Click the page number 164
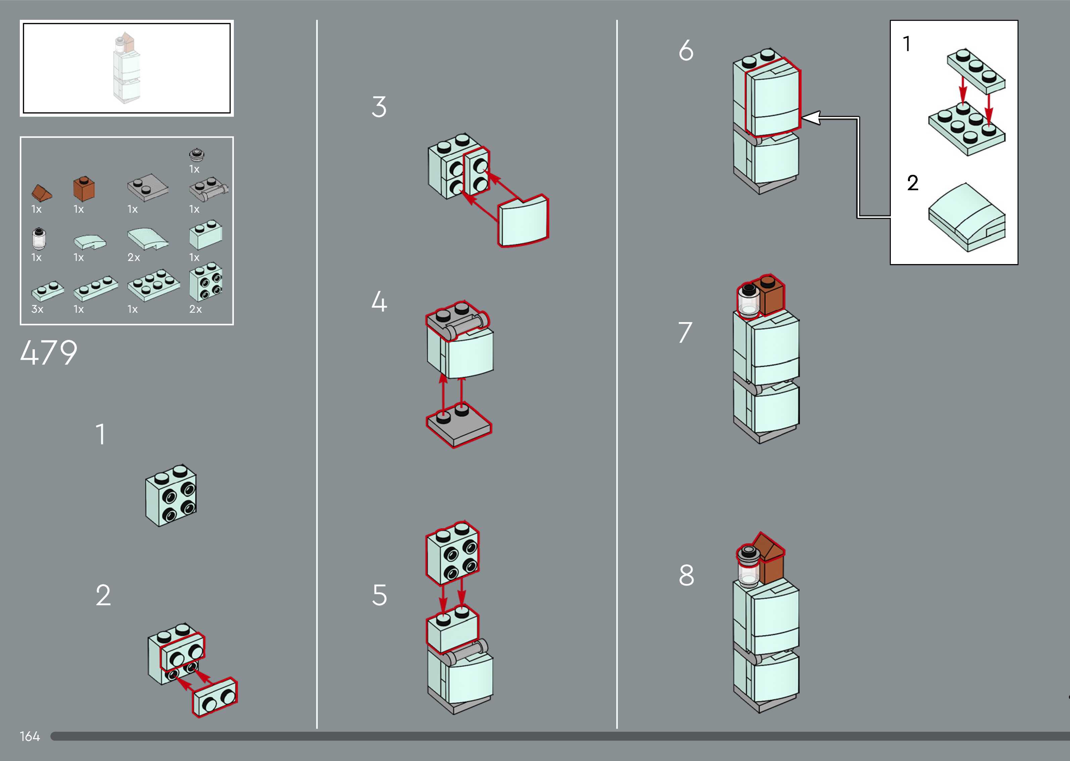tap(30, 736)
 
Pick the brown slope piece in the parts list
tap(41, 192)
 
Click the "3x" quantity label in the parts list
tap(37, 309)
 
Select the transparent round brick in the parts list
tap(39, 239)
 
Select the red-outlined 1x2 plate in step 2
tap(215, 697)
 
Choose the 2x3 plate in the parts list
tap(154, 285)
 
